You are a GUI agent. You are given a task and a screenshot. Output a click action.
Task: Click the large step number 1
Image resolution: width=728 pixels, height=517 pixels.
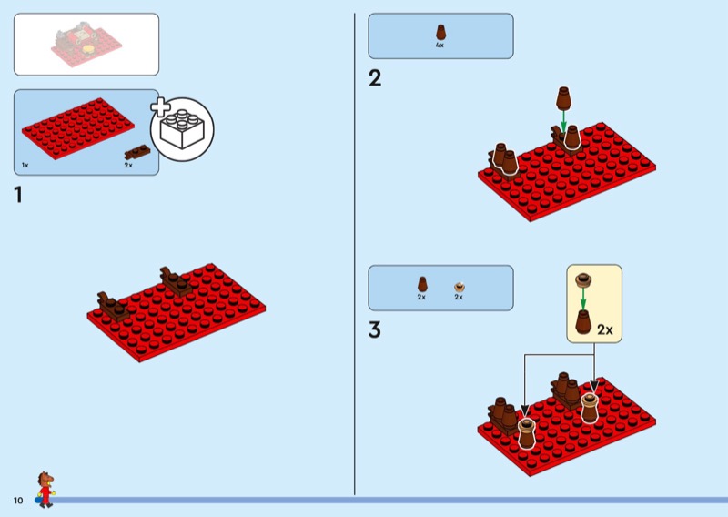[18, 195]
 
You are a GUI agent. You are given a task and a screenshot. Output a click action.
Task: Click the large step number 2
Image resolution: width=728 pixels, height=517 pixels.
[375, 78]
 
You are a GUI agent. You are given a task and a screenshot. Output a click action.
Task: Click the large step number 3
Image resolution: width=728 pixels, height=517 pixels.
[375, 330]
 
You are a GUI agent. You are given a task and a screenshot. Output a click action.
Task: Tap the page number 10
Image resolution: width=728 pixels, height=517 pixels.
[18, 501]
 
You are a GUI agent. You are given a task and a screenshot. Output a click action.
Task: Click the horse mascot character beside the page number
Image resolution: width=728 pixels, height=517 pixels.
[45, 489]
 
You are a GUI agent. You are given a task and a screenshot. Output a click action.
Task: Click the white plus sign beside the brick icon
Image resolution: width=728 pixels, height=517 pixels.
[160, 107]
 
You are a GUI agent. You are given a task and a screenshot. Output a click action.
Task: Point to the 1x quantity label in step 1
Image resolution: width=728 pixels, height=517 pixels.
[25, 166]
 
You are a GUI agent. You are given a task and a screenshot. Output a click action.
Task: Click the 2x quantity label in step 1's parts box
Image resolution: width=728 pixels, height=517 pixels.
[128, 166]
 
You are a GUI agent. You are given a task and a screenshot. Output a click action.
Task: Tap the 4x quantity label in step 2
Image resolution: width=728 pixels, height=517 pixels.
[440, 46]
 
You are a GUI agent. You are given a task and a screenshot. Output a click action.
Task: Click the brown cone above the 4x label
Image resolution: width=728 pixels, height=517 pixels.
[440, 33]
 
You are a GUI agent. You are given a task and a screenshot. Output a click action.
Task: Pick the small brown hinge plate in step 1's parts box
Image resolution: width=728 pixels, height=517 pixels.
[137, 152]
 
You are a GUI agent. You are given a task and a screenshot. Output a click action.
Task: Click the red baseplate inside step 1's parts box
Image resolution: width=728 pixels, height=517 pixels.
[78, 128]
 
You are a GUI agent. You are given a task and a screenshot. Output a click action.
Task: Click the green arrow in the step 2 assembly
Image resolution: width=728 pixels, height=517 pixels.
[563, 121]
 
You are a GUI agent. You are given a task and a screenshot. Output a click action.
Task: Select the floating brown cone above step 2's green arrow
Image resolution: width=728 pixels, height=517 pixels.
[563, 98]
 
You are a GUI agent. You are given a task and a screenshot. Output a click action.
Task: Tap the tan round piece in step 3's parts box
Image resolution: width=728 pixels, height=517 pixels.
[460, 286]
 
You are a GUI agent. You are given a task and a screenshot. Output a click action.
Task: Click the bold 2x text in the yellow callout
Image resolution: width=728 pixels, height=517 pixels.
[605, 329]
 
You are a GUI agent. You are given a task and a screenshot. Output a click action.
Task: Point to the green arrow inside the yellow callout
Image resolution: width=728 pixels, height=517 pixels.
[583, 299]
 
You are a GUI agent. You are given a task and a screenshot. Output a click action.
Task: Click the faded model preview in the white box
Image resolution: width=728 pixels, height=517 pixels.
[86, 45]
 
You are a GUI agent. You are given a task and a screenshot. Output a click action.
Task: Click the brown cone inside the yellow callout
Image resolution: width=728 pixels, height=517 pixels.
[583, 322]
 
